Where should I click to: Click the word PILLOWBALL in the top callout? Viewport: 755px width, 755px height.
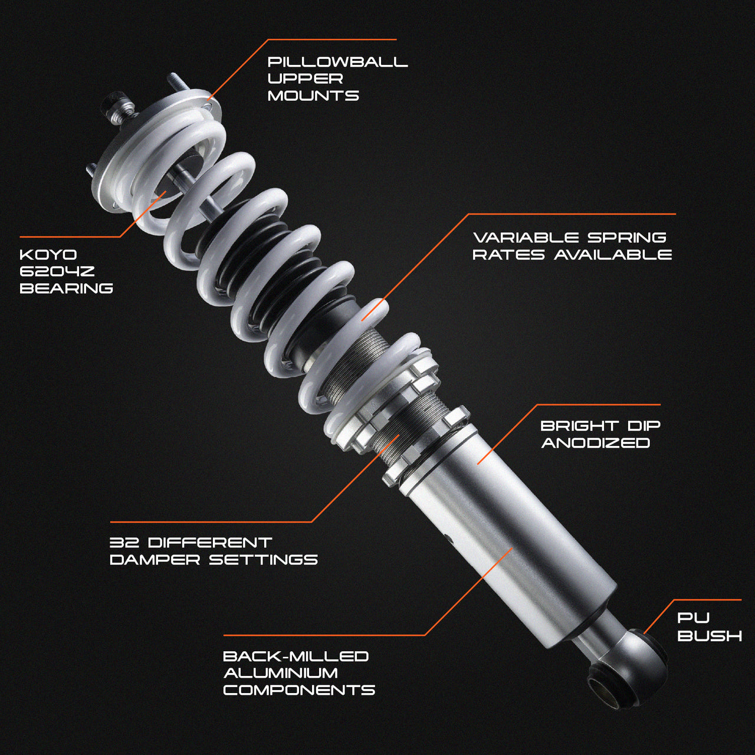coord(337,62)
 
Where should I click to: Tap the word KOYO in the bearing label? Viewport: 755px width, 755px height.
coord(48,255)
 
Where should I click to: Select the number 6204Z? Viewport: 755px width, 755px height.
coord(57,272)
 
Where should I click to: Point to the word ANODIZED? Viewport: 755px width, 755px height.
coord(595,443)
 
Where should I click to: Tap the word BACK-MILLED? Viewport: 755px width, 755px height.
coord(296,656)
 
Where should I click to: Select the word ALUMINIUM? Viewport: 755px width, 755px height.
coord(280,673)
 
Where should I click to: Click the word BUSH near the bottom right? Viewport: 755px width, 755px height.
coord(710,636)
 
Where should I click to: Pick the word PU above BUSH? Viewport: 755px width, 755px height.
coord(693,618)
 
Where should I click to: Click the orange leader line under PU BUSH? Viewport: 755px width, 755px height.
coord(655,619)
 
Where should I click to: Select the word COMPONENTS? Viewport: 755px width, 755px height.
coord(299,690)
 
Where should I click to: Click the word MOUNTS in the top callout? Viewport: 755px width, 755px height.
coord(313,96)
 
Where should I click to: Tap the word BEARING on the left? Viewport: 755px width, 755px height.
coord(66,288)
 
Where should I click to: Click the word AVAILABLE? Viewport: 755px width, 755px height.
coord(613,255)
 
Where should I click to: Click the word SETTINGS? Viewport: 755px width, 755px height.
coord(263,560)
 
